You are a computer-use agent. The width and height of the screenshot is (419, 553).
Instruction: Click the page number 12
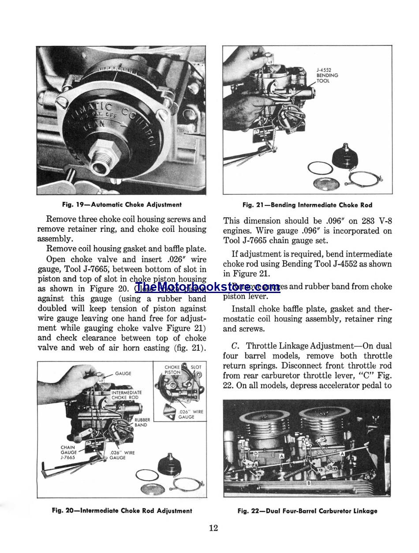pos(213,528)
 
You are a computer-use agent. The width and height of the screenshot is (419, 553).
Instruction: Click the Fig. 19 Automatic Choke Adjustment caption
pos(122,204)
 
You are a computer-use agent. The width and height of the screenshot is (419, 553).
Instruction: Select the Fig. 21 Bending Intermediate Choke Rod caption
pos(307,205)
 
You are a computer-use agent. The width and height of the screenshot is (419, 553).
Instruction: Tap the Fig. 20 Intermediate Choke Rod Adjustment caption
pos(122,511)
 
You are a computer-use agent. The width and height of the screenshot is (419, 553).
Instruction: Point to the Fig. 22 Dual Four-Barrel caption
pos(307,511)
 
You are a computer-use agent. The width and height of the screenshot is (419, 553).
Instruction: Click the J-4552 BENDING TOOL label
pos(327,75)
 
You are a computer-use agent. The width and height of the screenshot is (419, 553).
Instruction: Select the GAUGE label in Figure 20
pos(123,373)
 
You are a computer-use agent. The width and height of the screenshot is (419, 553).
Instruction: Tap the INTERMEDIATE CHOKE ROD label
pos(127,395)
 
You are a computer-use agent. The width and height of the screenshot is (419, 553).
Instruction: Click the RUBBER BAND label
pos(142,423)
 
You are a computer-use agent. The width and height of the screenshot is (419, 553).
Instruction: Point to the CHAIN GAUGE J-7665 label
pos(68,453)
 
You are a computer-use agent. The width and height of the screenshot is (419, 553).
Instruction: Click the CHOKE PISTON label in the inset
pos(172,369)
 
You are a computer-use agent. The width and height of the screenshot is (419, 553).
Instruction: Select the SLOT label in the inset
pos(196,367)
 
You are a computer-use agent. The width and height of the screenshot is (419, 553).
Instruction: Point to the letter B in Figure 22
pos(309,483)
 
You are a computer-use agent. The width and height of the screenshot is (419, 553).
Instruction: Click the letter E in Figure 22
pos(244,443)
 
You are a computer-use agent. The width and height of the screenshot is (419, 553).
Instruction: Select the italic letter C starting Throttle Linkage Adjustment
pos(235,346)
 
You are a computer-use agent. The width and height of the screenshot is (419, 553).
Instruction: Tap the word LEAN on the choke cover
pos(98,125)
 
